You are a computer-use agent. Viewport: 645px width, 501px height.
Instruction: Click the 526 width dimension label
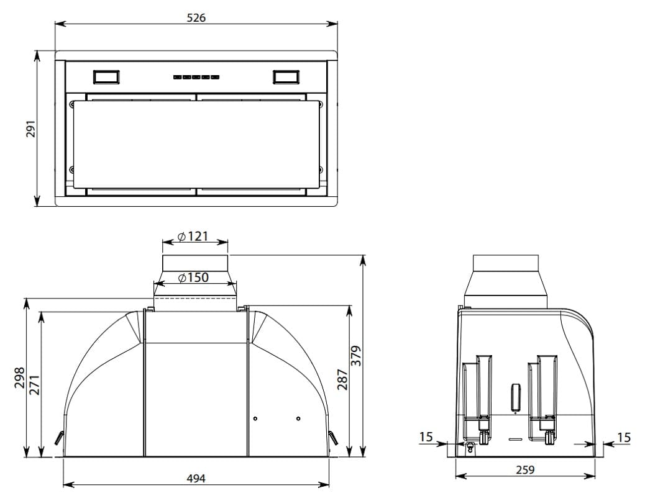pyautogui.click(x=196, y=17)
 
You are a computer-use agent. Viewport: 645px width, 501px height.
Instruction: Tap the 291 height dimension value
pyautogui.click(x=31, y=129)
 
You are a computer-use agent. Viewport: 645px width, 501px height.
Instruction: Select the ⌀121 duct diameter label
pyautogui.click(x=193, y=237)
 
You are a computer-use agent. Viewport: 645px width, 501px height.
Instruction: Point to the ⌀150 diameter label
pyautogui.click(x=193, y=278)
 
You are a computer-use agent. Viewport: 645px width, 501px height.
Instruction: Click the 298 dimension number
pyautogui.click(x=19, y=377)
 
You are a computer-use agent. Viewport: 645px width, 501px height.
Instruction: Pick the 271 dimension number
pyautogui.click(x=35, y=385)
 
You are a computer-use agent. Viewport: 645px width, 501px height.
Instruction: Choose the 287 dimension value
pyautogui.click(x=342, y=380)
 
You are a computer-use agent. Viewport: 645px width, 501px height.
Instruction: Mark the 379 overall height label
pyautogui.click(x=356, y=356)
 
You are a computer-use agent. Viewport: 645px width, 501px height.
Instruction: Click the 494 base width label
pyautogui.click(x=196, y=479)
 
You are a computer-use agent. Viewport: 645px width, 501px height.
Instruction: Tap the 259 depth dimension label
pyautogui.click(x=525, y=469)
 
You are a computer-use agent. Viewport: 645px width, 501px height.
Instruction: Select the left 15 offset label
pyautogui.click(x=426, y=436)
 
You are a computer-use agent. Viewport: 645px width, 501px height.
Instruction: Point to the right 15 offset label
pyautogui.click(x=624, y=437)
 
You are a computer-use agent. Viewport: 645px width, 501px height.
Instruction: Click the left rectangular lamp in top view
pyautogui.click(x=106, y=77)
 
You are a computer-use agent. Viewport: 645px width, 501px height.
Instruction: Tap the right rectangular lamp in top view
pyautogui.click(x=286, y=77)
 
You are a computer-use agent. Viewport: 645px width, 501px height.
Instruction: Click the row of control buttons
pyautogui.click(x=196, y=77)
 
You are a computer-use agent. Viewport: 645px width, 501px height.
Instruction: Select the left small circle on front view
pyautogui.click(x=255, y=418)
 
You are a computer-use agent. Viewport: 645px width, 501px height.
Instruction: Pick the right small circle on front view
pyautogui.click(x=298, y=418)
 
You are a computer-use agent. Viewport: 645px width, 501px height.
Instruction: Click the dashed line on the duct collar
pyautogui.click(x=195, y=298)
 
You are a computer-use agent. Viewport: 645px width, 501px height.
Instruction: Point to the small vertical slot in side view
pyautogui.click(x=515, y=397)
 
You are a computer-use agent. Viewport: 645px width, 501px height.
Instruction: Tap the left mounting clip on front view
pyautogui.click(x=59, y=438)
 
